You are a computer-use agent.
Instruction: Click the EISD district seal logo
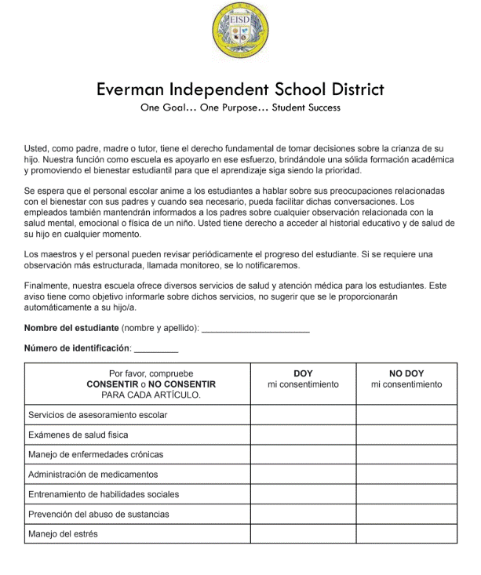pos(240,31)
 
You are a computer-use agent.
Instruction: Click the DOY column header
pos(303,373)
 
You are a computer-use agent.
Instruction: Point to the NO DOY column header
pos(406,373)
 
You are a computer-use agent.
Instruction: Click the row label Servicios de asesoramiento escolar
pos(97,414)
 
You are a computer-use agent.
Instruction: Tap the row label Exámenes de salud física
pos(78,435)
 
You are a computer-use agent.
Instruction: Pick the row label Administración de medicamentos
pos(93,475)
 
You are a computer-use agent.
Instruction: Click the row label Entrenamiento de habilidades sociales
pos(104,494)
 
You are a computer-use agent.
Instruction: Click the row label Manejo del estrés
pos(64,534)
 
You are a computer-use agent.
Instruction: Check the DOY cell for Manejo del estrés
pos(303,534)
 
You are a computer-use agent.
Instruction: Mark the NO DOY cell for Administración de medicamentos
pos(406,475)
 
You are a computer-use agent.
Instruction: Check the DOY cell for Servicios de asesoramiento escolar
pos(303,414)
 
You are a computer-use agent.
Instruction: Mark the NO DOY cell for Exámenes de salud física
pos(406,435)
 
